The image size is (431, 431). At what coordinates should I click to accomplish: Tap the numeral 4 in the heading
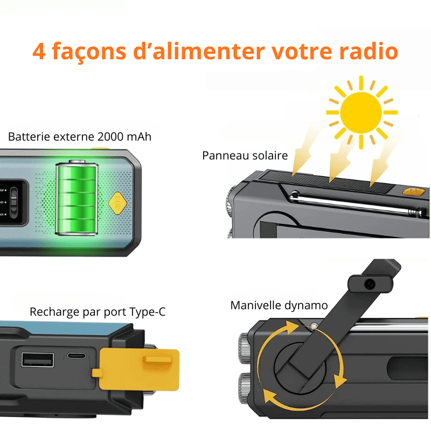(x=39, y=51)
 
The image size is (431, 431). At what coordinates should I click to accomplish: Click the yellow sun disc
(x=361, y=113)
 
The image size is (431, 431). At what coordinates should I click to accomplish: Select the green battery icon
(x=77, y=198)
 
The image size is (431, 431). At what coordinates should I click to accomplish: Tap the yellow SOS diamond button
(x=117, y=203)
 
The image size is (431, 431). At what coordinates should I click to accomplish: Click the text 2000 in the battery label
(x=110, y=137)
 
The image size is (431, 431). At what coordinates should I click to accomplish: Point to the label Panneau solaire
(x=245, y=156)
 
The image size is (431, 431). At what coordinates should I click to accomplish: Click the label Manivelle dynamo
(x=279, y=305)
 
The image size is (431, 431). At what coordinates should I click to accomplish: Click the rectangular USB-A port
(x=38, y=359)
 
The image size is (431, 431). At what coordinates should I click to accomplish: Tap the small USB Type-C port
(x=77, y=356)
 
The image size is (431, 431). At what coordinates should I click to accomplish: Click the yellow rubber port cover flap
(x=137, y=369)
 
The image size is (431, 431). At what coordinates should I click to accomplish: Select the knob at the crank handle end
(x=370, y=284)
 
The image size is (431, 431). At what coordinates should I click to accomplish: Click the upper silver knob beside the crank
(x=244, y=347)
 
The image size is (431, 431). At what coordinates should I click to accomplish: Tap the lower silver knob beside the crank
(x=244, y=388)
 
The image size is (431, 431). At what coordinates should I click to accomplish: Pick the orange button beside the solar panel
(x=413, y=191)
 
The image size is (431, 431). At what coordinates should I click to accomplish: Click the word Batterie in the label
(x=29, y=137)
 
